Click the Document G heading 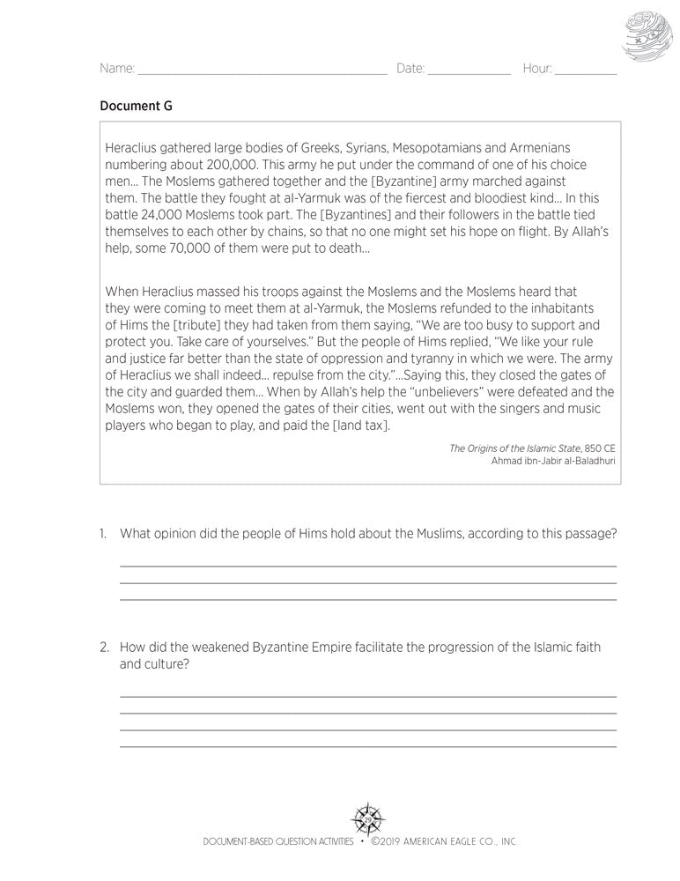tap(136, 106)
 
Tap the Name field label tap(117, 69)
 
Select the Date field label tap(410, 69)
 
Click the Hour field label tap(536, 69)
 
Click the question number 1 tap(103, 533)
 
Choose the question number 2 tap(104, 648)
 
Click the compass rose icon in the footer tap(368, 819)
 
